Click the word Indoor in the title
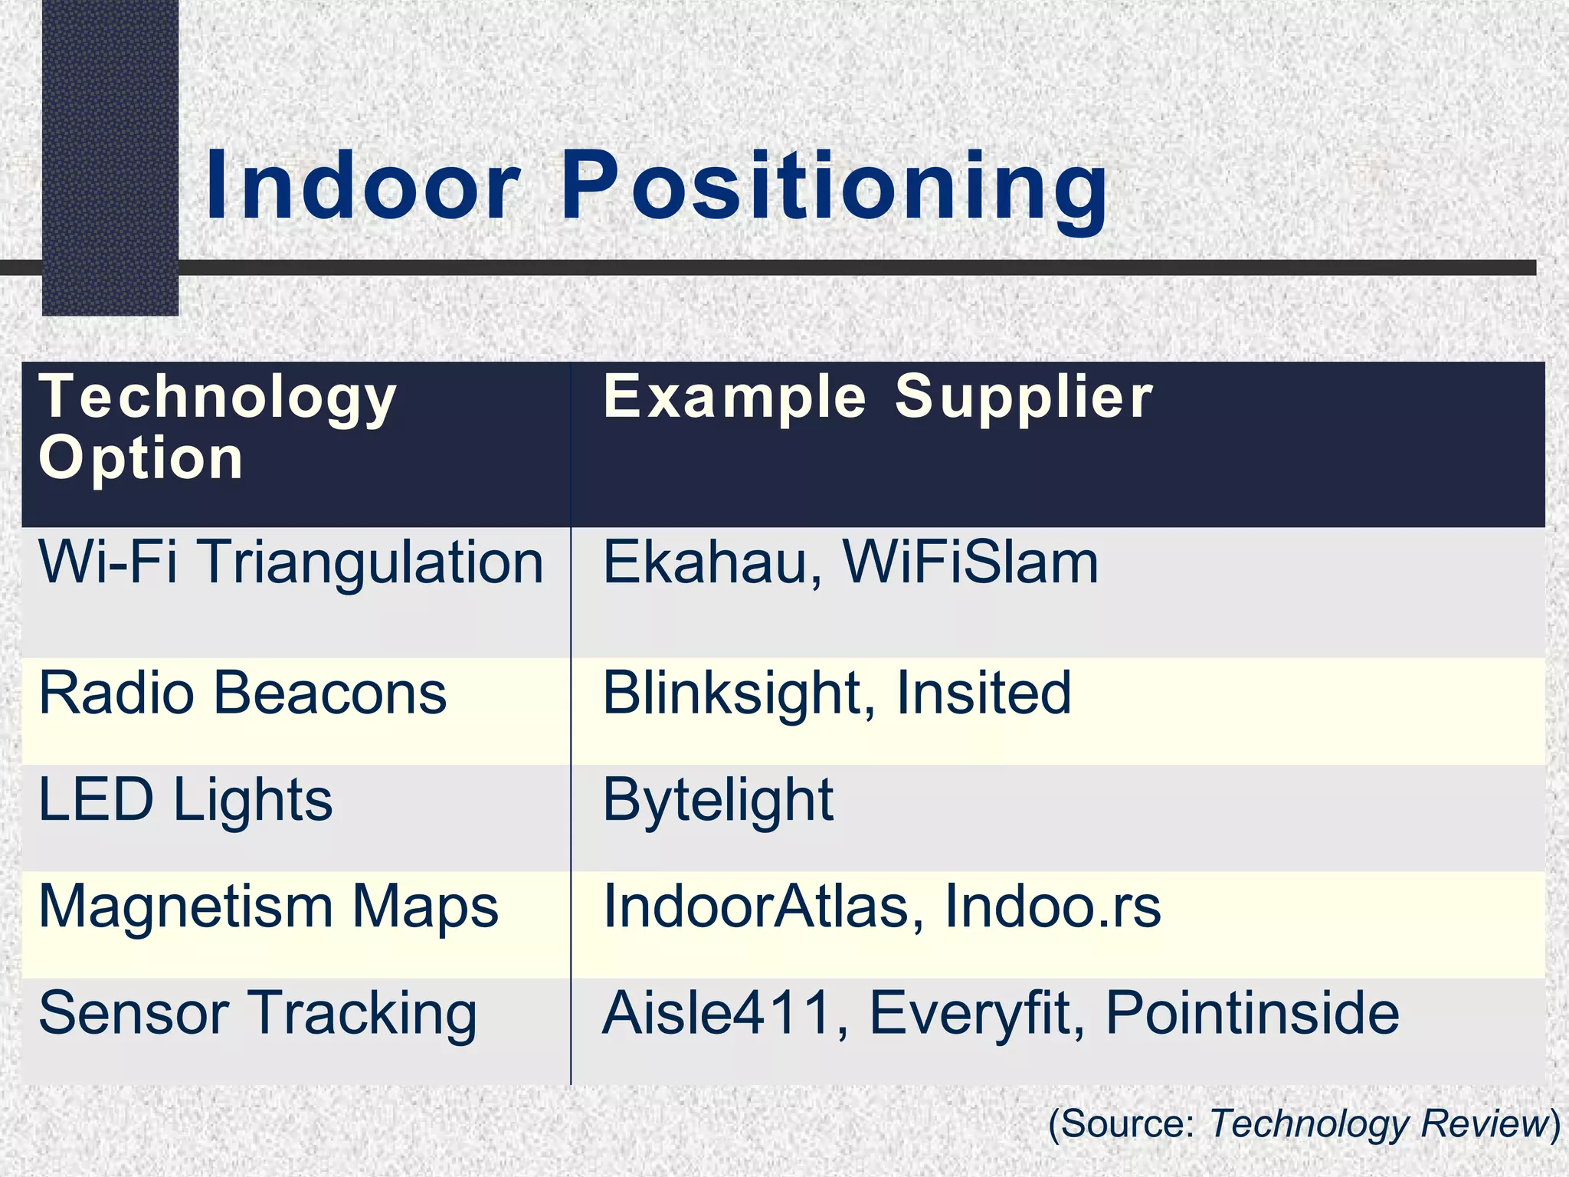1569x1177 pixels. [363, 186]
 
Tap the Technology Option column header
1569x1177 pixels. [218, 427]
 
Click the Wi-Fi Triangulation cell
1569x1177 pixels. [291, 563]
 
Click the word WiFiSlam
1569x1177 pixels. [971, 563]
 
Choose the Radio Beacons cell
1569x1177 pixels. [242, 693]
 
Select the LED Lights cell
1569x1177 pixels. [185, 801]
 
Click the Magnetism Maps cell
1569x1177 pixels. [268, 907]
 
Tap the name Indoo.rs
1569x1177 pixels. [1053, 907]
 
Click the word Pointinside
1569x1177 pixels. [1253, 1013]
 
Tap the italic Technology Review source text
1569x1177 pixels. [1379, 1124]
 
